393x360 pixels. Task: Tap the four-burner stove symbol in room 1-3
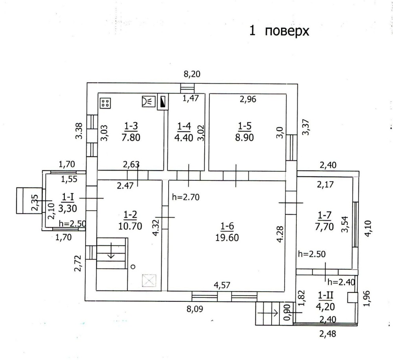(105, 103)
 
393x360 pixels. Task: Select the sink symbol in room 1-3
(149, 101)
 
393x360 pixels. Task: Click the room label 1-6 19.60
(227, 232)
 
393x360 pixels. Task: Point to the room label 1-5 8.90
(244, 132)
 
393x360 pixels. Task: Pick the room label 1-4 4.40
(184, 132)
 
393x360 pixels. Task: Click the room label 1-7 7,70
(324, 221)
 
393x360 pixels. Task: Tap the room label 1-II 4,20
(325, 301)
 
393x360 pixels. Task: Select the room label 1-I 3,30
(68, 202)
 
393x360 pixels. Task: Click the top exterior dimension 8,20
(192, 74)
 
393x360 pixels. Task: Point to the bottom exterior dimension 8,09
(195, 309)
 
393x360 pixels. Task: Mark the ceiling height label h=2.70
(186, 197)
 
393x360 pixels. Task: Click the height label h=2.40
(342, 282)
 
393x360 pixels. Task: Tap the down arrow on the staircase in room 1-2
(111, 250)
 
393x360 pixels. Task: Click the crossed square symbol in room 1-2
(149, 281)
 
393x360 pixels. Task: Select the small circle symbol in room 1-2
(133, 266)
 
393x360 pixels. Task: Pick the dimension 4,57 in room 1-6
(222, 285)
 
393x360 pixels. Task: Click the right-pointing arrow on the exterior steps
(268, 313)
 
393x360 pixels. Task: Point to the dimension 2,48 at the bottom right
(328, 334)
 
